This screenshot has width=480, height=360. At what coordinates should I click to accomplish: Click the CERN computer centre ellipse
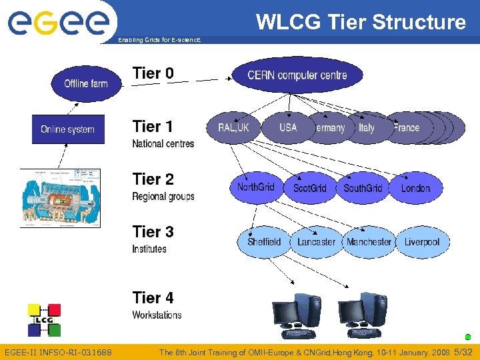point(297,75)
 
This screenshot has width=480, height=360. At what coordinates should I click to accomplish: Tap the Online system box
point(68,129)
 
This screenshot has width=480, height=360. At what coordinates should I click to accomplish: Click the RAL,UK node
point(233,127)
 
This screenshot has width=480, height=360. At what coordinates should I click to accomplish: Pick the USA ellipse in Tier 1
point(288,127)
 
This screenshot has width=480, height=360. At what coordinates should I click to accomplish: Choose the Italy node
point(367,127)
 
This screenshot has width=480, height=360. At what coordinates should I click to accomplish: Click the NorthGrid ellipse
point(256,187)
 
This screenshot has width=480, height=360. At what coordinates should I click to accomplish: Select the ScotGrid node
point(309,188)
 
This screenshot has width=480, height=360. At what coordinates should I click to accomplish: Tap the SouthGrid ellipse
point(363,188)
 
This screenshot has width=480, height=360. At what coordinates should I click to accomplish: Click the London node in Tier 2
point(415,188)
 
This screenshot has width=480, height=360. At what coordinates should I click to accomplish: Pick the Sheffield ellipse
point(264,241)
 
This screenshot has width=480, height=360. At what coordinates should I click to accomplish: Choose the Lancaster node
point(316,241)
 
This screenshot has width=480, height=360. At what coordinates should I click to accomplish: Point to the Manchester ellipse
point(369,241)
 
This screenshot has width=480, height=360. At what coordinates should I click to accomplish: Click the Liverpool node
point(421,241)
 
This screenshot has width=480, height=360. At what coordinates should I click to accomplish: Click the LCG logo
point(44,320)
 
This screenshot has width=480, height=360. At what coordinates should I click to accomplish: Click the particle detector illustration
point(60,198)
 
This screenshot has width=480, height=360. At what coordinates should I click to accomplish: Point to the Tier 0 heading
point(153,73)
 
